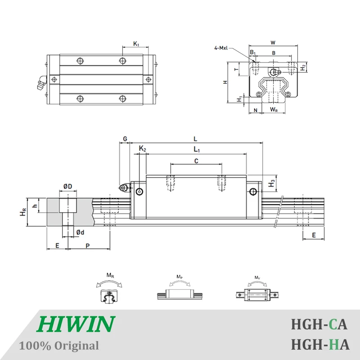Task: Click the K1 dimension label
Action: (x=136, y=44)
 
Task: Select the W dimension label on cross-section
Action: (x=273, y=43)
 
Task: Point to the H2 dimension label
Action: (x=304, y=67)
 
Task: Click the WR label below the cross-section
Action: (x=273, y=109)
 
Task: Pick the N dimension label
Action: (x=256, y=109)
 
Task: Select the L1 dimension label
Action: (x=197, y=149)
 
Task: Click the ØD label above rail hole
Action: (x=67, y=186)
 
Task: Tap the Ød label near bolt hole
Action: (x=80, y=232)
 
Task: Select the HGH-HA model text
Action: (x=320, y=345)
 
